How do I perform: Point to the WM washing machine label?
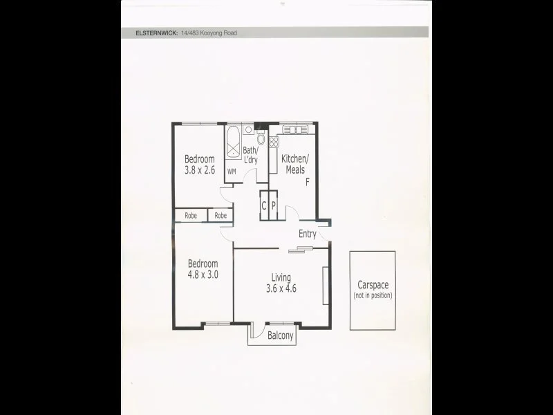232,171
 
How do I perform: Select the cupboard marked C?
264,205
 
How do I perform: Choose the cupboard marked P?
273,205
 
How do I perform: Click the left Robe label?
190,216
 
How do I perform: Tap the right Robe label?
221,216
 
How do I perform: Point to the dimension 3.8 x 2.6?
200,170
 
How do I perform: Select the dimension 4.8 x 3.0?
203,274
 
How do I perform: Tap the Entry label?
308,234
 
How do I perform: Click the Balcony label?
281,337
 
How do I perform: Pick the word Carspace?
373,285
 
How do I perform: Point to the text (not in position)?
373,295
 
